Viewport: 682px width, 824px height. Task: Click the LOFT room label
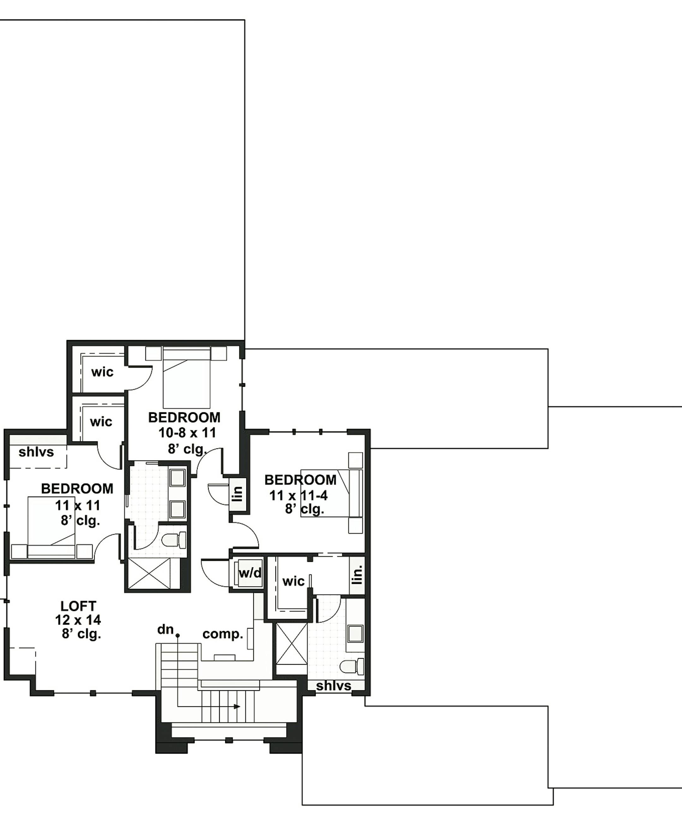pyautogui.click(x=78, y=606)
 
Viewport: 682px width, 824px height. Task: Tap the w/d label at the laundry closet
pyautogui.click(x=250, y=573)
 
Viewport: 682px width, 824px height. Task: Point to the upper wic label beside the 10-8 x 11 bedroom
pyautogui.click(x=103, y=372)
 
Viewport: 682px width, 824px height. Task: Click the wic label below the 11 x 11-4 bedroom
pyautogui.click(x=293, y=581)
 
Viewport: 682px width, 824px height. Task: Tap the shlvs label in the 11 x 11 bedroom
pyautogui.click(x=36, y=452)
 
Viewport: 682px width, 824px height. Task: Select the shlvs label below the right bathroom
pyautogui.click(x=333, y=686)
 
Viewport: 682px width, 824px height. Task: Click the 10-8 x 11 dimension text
pyautogui.click(x=187, y=433)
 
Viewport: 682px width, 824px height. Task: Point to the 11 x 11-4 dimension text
pyautogui.click(x=298, y=496)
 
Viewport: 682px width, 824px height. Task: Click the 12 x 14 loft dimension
pyautogui.click(x=78, y=620)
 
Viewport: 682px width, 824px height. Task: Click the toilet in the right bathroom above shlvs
pyautogui.click(x=351, y=666)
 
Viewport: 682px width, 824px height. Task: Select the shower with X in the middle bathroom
pyautogui.click(x=150, y=573)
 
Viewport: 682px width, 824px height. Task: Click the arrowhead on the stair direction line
pyautogui.click(x=237, y=707)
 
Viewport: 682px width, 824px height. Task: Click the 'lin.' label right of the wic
pyautogui.click(x=357, y=574)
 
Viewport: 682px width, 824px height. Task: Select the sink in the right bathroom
pyautogui.click(x=355, y=633)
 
